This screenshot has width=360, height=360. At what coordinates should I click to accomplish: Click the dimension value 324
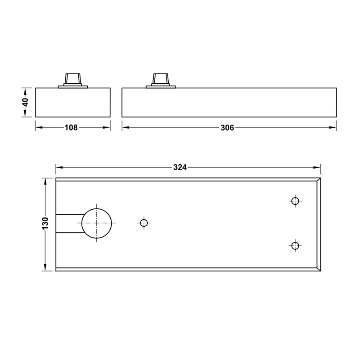[x=180, y=167]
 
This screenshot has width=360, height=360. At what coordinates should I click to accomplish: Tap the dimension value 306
[x=227, y=128]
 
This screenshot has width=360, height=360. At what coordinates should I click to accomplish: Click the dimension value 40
[x=26, y=102]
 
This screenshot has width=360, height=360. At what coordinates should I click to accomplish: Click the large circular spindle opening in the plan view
[x=96, y=223]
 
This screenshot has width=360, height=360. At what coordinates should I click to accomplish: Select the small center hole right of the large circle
[x=144, y=223]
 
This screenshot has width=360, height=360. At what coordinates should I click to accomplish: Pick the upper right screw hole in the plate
[x=295, y=201]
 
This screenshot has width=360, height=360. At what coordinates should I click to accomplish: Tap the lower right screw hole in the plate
[x=295, y=245]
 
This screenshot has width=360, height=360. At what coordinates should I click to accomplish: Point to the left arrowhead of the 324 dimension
[x=58, y=167]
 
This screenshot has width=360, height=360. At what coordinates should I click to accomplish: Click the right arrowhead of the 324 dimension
[x=318, y=167]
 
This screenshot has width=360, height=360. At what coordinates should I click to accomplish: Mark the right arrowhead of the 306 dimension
[x=333, y=128]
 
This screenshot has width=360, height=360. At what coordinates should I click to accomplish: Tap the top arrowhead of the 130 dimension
[x=45, y=181]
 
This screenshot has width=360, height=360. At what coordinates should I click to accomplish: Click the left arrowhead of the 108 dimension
[x=39, y=128]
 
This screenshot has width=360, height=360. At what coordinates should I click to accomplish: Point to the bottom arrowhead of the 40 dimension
[x=26, y=115]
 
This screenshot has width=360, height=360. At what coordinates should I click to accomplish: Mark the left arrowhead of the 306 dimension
[x=126, y=128]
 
